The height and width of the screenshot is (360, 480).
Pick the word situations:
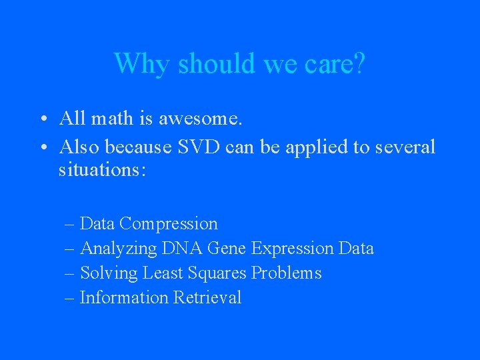(102, 170)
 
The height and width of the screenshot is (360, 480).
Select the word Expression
(292, 249)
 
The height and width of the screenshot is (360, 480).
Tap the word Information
(124, 298)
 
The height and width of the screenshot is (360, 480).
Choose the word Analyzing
(119, 249)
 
